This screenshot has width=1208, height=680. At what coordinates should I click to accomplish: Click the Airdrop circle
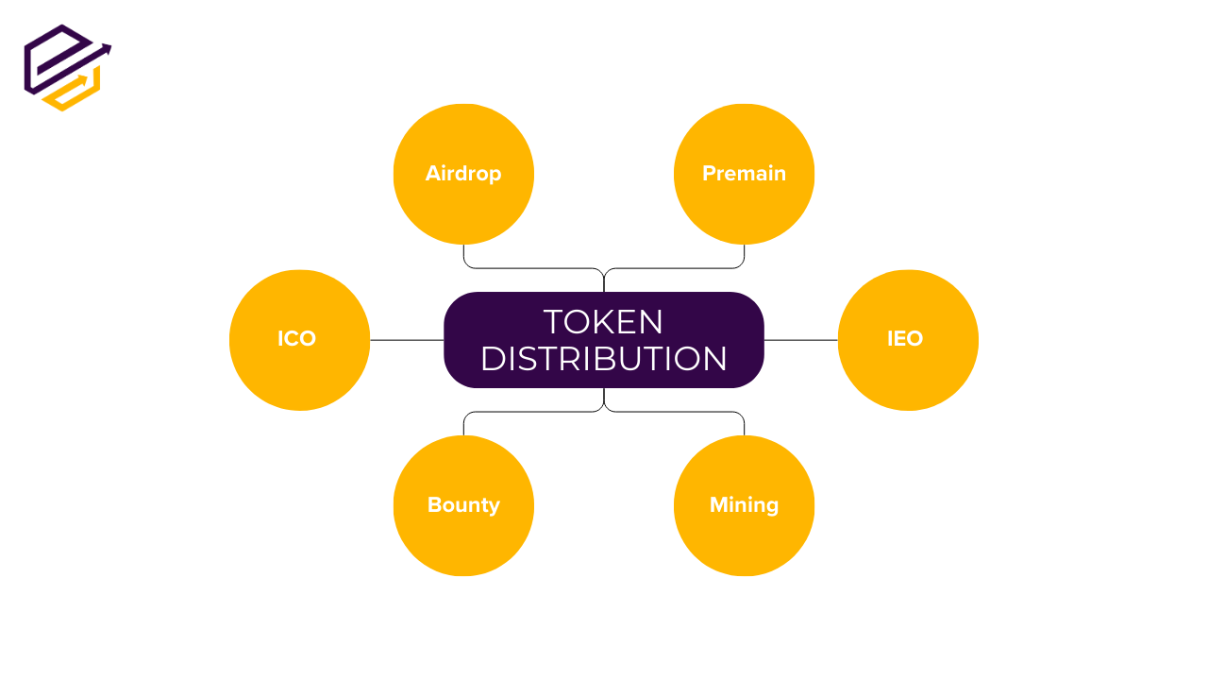click(x=463, y=174)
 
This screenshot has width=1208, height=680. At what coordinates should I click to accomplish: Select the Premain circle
click(x=745, y=174)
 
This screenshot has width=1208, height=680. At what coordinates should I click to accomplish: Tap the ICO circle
click(x=300, y=340)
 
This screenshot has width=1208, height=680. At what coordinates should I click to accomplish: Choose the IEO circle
click(x=908, y=340)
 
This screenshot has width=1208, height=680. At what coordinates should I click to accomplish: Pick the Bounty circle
click(x=463, y=505)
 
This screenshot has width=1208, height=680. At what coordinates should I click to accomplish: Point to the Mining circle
click(x=745, y=505)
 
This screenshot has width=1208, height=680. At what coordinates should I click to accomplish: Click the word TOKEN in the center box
click(x=603, y=322)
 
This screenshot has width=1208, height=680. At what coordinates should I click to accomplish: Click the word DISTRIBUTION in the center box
click(x=603, y=359)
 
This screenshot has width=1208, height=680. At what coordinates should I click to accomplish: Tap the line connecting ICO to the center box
click(x=407, y=340)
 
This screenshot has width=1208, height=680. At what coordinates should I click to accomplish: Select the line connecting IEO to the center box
click(x=801, y=340)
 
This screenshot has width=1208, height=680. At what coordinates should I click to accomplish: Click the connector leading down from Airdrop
click(x=534, y=267)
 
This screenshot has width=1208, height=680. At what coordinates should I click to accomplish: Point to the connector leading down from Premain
click(x=674, y=267)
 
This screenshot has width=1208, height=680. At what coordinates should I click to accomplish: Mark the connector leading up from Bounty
click(x=534, y=412)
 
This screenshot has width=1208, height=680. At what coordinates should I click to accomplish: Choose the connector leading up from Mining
click(x=674, y=412)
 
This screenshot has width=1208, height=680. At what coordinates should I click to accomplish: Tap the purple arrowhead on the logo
click(x=107, y=50)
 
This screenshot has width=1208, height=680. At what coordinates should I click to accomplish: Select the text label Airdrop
click(x=463, y=175)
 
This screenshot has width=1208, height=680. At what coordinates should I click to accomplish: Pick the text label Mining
click(x=745, y=505)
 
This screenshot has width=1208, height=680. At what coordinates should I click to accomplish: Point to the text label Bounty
click(x=463, y=505)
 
